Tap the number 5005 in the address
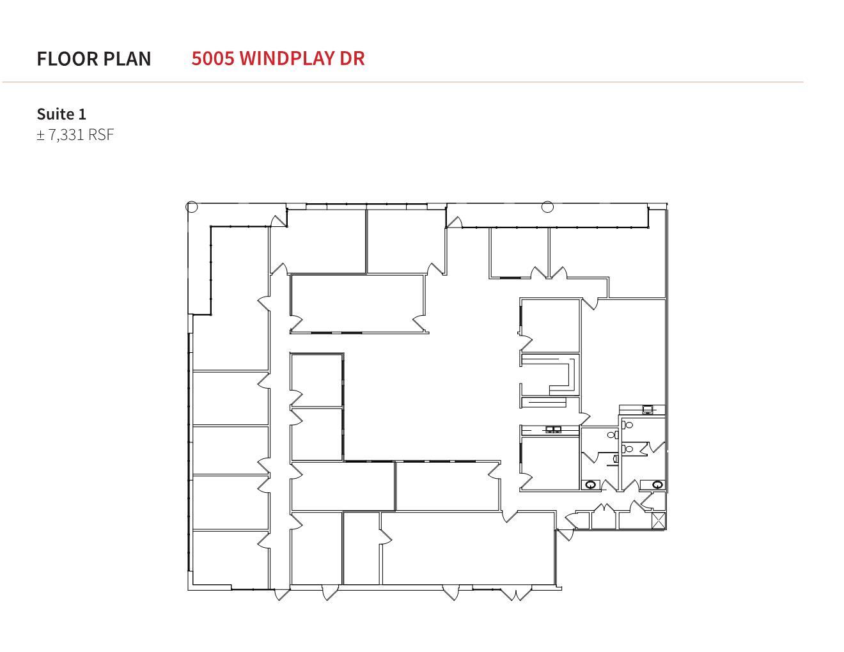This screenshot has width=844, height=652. point(213,58)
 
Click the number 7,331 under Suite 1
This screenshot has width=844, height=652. point(66,135)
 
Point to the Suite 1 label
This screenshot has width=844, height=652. point(61,114)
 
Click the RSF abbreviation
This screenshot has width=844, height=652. point(101,135)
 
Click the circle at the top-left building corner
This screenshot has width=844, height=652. point(192,206)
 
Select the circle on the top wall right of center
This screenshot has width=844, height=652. point(547,206)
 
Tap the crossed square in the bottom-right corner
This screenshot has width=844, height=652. point(659,520)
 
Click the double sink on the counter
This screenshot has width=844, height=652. point(553,430)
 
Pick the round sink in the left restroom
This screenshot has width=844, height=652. point(591,485)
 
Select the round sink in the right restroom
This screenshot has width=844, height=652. point(658,485)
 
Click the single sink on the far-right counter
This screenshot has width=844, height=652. point(648,409)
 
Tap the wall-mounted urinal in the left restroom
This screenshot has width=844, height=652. point(616,458)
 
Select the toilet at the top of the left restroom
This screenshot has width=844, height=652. point(612,435)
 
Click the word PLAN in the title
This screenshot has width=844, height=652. point(127,59)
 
